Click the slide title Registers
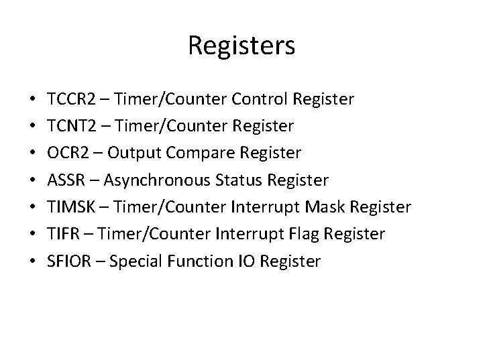(241, 46)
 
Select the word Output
(131, 154)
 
